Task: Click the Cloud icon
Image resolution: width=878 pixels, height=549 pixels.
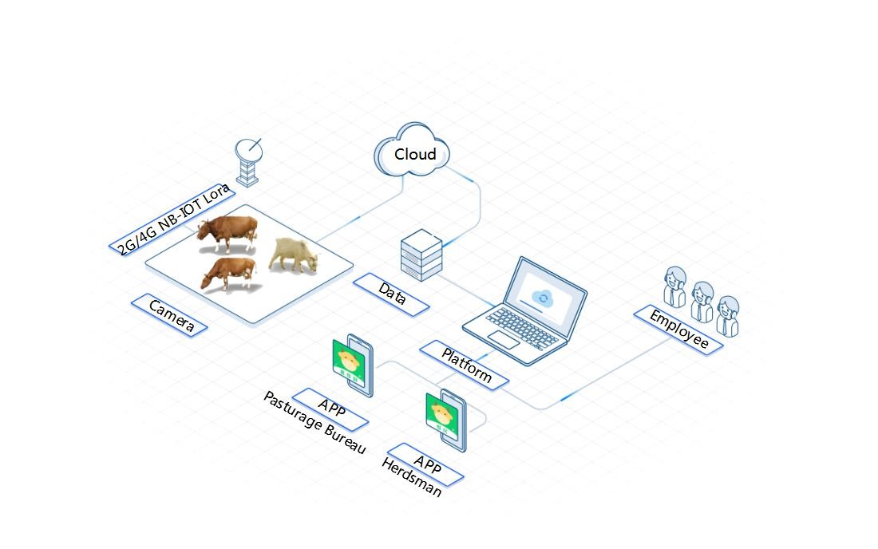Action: tap(413, 152)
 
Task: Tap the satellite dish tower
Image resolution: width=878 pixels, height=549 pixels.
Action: tap(248, 162)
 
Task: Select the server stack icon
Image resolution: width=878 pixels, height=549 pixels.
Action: tap(421, 255)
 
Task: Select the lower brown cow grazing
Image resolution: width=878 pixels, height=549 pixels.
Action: tap(228, 273)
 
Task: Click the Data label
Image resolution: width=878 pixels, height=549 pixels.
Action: tap(391, 292)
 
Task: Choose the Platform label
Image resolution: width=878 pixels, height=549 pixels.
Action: tap(465, 365)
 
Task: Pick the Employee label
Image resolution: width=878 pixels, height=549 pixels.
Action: tap(678, 329)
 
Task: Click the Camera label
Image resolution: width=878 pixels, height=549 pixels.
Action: tap(169, 315)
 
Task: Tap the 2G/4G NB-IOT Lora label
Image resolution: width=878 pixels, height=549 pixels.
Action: tap(173, 219)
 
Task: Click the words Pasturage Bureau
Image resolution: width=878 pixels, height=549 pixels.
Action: tap(314, 424)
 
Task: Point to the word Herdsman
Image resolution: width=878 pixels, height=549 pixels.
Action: tap(411, 477)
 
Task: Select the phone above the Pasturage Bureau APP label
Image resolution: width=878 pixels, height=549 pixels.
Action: tap(352, 365)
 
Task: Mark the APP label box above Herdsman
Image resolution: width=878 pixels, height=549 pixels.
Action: tap(425, 463)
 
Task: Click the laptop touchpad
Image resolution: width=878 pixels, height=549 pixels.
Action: tap(504, 339)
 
